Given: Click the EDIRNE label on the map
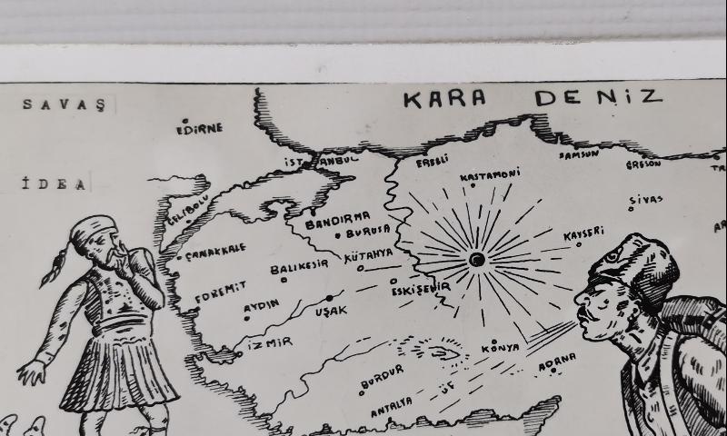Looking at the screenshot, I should pos(199,128).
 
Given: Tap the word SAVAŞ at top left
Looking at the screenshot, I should pos(64,104).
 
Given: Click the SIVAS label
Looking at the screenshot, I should pos(646,200).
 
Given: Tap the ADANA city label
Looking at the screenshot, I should pos(557,362).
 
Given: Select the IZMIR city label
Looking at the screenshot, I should pos(269,342).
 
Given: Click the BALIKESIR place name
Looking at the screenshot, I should pos(299,268).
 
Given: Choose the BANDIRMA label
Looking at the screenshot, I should pos(337,219).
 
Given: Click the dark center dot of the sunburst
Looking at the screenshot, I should pos(476,260).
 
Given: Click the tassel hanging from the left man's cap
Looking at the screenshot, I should pos(54,268).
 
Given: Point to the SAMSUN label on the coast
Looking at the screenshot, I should pos(578,155).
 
